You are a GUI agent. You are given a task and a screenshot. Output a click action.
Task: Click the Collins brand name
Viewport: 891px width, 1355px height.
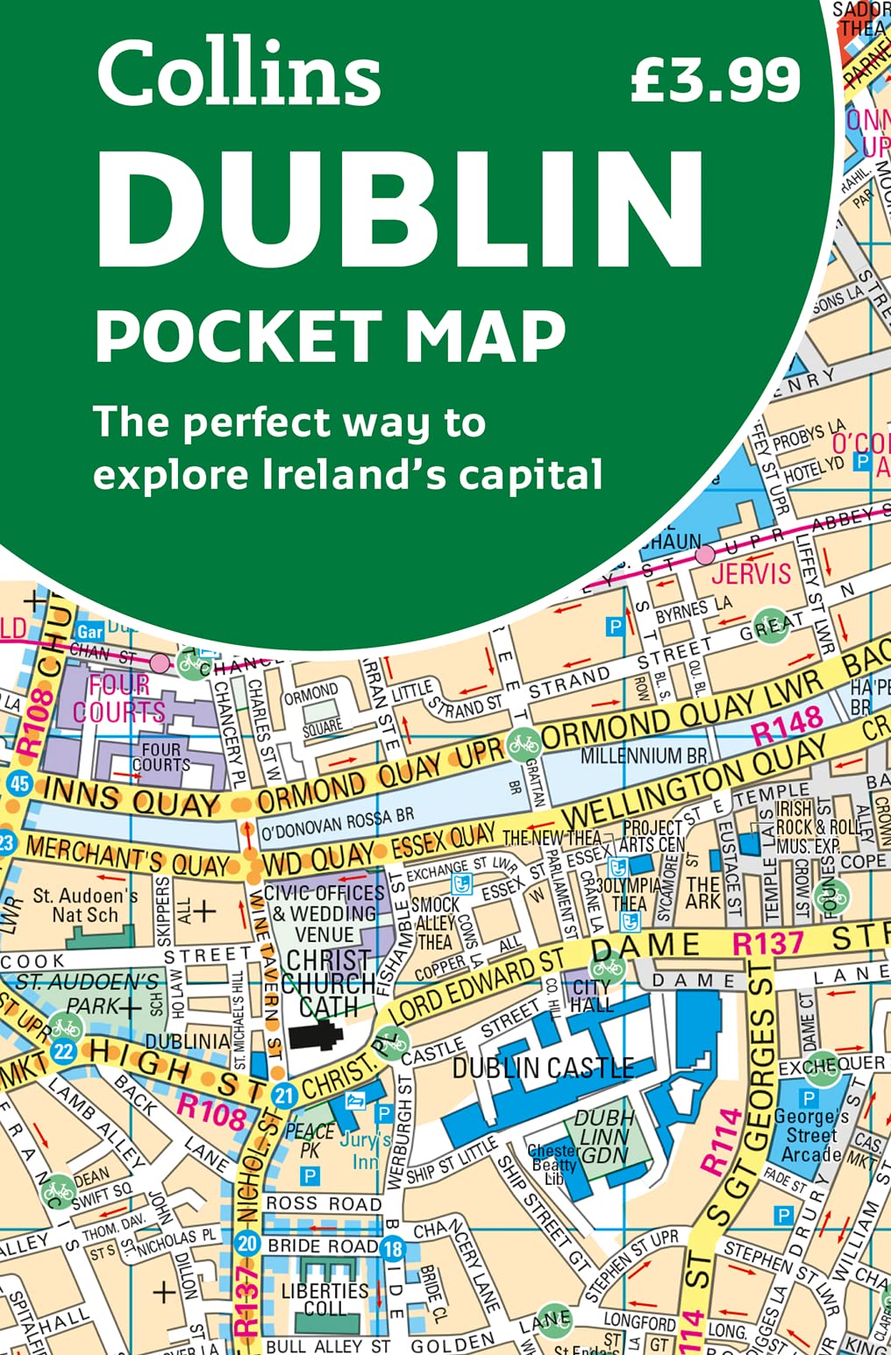pos(239,74)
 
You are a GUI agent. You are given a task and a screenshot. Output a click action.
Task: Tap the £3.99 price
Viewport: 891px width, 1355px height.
pos(715,80)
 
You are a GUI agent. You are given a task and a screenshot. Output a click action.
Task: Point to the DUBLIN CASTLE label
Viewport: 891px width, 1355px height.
pos(543,1068)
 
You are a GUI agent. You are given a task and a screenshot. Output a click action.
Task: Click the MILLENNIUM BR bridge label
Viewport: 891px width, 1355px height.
pos(643,756)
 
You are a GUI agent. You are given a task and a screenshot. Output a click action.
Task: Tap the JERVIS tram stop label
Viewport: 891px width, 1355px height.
pos(751,574)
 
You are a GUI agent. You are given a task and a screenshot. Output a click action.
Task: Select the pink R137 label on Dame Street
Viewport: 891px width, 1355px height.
pos(767,944)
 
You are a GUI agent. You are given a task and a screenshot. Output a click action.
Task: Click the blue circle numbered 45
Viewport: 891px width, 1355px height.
pos(18,783)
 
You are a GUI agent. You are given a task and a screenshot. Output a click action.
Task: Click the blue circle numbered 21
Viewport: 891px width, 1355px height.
pos(283,1096)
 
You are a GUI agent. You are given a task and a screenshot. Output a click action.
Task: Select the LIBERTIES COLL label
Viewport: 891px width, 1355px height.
pos(324,1300)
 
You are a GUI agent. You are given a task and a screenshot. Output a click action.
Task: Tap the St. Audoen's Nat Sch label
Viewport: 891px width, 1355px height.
pos(85,905)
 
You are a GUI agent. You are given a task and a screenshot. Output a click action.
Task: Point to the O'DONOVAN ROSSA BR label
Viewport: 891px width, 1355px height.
pos(338,823)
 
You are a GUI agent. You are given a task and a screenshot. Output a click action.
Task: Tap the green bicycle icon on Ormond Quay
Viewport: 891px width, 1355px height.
pos(524,744)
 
